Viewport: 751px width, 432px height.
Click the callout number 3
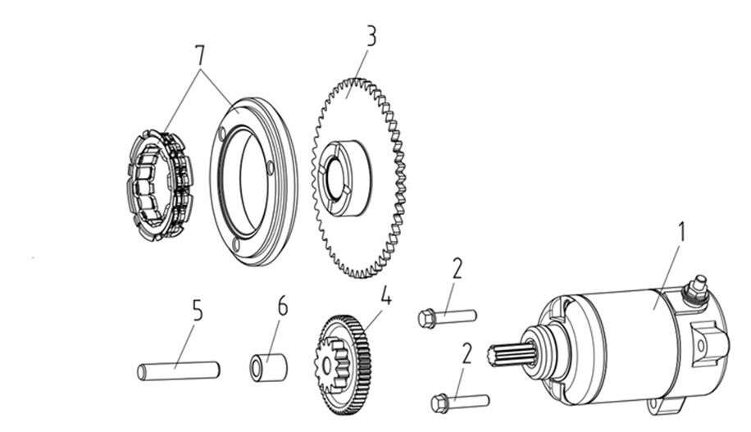pyautogui.click(x=371, y=37)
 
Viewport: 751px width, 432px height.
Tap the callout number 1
pyautogui.click(x=680, y=233)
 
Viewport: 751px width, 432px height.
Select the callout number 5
pyautogui.click(x=197, y=310)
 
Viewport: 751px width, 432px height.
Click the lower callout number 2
pyautogui.click(x=467, y=354)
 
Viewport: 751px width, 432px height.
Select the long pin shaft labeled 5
pyautogui.click(x=177, y=370)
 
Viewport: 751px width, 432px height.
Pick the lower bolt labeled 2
pyautogui.click(x=459, y=402)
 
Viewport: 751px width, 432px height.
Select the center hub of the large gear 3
pyautogui.click(x=342, y=174)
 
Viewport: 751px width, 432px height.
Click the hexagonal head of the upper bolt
pyautogui.click(x=426, y=317)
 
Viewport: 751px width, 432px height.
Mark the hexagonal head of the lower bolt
pyautogui.click(x=439, y=403)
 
